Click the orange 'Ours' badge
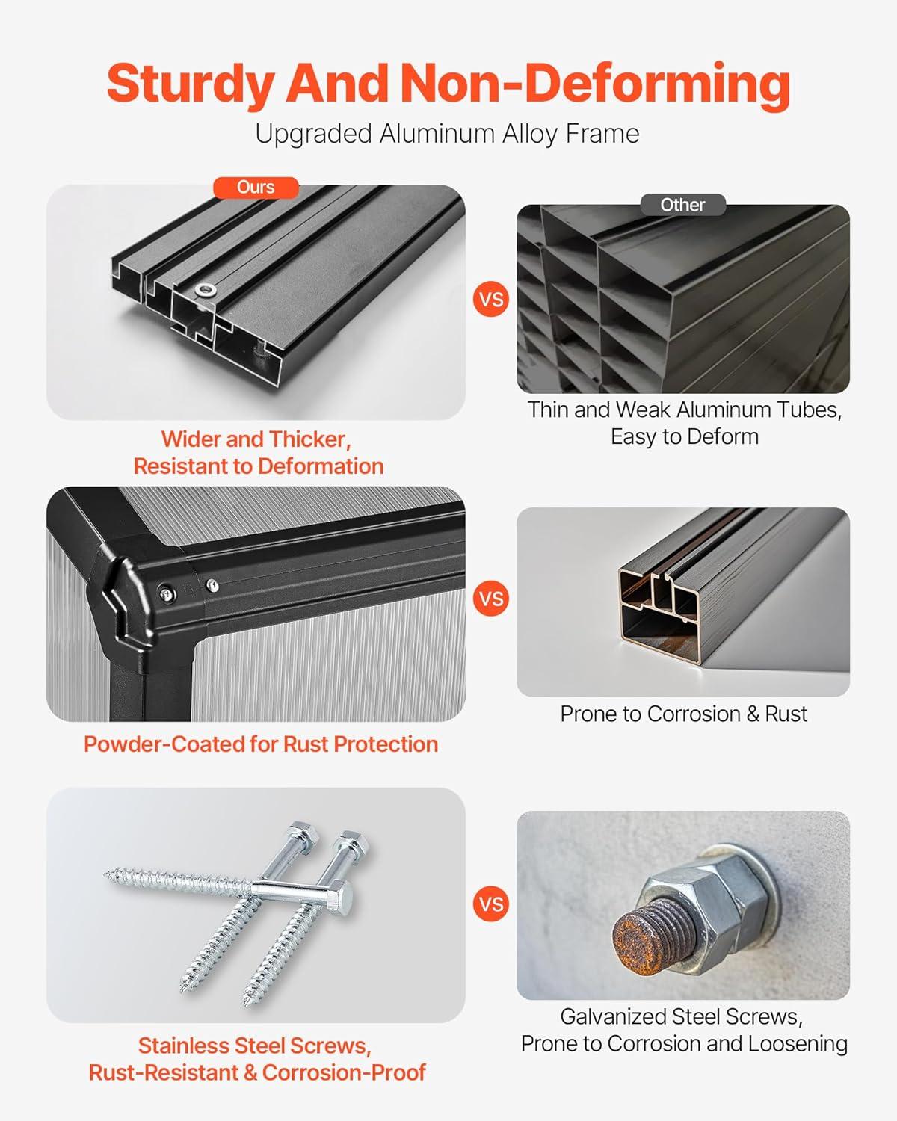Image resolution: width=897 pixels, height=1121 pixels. (256, 188)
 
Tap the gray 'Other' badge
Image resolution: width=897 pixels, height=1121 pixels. (682, 205)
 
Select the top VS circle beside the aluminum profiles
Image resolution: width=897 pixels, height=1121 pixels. (491, 300)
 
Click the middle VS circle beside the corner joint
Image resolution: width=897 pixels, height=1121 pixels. (491, 599)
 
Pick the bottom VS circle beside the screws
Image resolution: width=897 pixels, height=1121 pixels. (491, 904)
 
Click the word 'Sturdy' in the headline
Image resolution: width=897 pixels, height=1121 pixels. (191, 84)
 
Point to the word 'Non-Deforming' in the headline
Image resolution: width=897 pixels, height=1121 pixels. (597, 84)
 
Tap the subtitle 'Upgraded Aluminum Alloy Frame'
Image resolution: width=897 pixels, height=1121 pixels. (447, 135)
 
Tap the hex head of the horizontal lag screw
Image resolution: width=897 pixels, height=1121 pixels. (342, 895)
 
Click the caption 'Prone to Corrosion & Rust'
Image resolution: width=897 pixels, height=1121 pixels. (683, 714)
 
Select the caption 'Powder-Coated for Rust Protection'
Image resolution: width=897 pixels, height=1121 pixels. (261, 744)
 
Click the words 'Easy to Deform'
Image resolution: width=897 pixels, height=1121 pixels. (685, 436)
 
